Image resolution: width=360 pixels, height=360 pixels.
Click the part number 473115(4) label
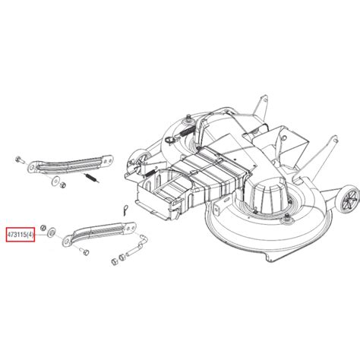pyautogui.click(x=21, y=235)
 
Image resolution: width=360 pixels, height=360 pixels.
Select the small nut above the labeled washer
pyautogui.click(x=43, y=227)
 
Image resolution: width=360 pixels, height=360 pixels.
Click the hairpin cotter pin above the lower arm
pyautogui.click(x=125, y=210)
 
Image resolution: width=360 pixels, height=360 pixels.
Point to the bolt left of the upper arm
pyautogui.click(x=20, y=160)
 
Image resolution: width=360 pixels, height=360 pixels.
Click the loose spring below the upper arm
pyautogui.click(x=93, y=178)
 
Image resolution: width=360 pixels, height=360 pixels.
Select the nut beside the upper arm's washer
pyautogui.click(x=62, y=185)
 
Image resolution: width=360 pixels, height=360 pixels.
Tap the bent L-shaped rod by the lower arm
pyautogui.click(x=138, y=245)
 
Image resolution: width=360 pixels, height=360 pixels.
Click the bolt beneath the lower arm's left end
pyautogui.click(x=85, y=251)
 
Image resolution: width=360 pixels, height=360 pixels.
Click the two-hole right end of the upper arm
pyautogui.click(x=107, y=159)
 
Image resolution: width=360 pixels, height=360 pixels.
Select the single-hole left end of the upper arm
pyautogui.click(x=32, y=167)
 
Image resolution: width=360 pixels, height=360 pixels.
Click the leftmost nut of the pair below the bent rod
pyautogui.click(x=114, y=261)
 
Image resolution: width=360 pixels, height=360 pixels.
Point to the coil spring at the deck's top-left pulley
pyautogui.click(x=187, y=132)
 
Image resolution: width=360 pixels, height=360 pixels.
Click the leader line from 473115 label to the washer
pyautogui.click(x=41, y=235)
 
